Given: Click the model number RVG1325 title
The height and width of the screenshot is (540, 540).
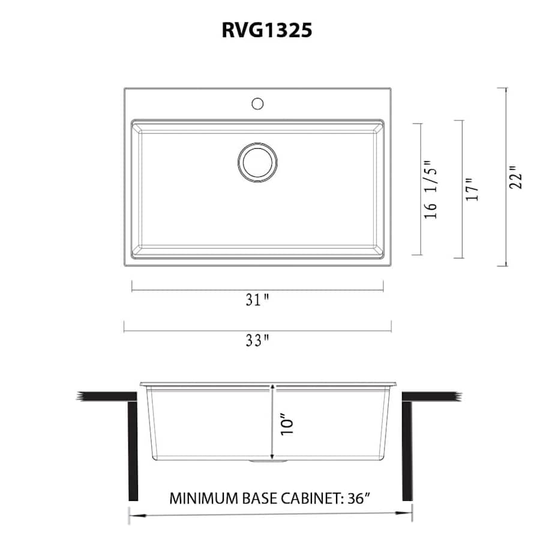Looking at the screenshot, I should pos(267,30).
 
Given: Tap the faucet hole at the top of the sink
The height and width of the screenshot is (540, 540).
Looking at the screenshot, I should pos(258,103).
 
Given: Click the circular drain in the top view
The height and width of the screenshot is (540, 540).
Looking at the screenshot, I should pos(257,161).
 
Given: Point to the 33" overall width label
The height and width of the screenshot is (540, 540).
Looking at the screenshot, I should pos(257,341).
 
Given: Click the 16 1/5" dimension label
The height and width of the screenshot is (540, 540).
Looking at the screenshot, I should pos(431,189).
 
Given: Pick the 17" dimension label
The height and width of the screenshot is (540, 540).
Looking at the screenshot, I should pos(473,189).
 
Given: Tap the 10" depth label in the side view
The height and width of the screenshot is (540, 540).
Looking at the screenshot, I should pos(287,423).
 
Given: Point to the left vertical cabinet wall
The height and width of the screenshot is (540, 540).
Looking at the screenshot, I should pos(133,450).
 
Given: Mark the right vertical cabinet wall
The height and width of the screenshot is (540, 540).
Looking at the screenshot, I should pos(407,450).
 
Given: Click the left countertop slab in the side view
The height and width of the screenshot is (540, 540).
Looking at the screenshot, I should pos(108,397).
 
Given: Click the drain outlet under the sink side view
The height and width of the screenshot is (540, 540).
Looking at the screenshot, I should pos(269,462).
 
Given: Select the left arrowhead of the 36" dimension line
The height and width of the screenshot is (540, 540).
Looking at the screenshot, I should pos(133,514).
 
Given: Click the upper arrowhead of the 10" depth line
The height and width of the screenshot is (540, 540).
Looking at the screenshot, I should pos(273,389).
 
